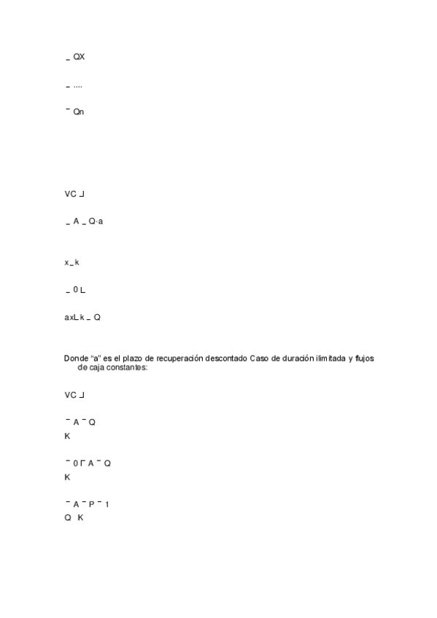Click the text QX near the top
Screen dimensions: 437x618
(x=80, y=56)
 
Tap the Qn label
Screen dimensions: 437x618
(x=80, y=112)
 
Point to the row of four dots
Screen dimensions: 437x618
(x=78, y=86)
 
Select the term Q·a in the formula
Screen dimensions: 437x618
(x=96, y=222)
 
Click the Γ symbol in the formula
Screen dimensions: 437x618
(x=82, y=463)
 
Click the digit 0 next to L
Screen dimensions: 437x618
(x=75, y=291)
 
